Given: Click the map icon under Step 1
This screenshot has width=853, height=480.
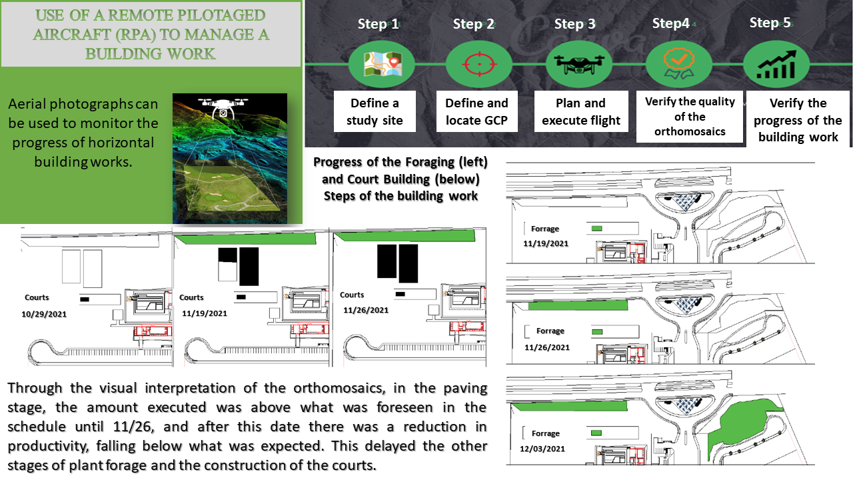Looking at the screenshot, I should (x=382, y=65).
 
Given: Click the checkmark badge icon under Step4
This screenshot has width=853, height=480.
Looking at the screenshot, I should (x=678, y=65).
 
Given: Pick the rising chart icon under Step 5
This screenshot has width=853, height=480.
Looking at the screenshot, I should (x=776, y=65).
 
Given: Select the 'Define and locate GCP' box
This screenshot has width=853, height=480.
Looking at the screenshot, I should (x=476, y=111).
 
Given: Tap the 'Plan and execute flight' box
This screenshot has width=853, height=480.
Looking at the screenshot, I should (x=581, y=111).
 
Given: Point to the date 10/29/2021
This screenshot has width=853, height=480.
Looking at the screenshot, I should (x=47, y=313).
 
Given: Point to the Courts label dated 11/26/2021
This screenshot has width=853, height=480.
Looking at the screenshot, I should (x=352, y=295).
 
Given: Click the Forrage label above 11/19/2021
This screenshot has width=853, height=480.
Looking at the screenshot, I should (x=544, y=229).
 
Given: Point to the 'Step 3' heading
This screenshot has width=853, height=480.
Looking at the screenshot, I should (x=575, y=24).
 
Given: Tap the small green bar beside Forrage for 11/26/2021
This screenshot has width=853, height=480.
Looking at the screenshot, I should (x=597, y=331).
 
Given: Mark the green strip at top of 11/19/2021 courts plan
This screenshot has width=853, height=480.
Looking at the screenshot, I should (x=244, y=239).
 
